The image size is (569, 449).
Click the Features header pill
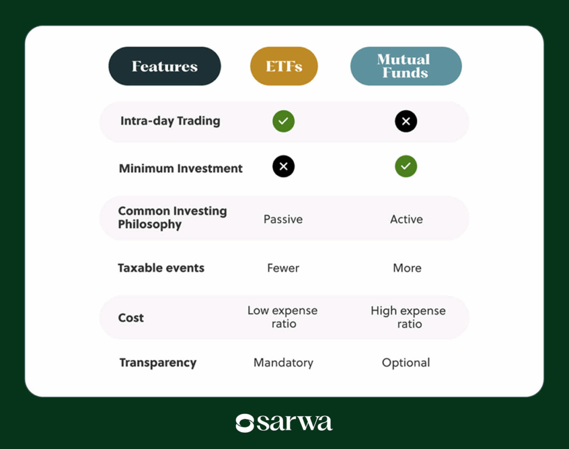pos(164,66)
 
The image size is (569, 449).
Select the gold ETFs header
pos(283,66)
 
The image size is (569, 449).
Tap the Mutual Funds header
pos(406,66)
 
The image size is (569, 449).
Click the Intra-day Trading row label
pos(170,121)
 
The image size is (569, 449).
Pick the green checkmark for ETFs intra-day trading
pos(283,121)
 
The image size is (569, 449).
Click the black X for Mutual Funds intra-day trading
pos(406,121)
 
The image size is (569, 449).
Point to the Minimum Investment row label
pos(181,168)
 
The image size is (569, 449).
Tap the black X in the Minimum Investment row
pos(283,166)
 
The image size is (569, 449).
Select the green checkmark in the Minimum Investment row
pos(406,166)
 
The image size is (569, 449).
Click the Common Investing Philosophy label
pos(172,218)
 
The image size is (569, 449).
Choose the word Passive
pos(283,219)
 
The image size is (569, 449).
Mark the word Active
pos(406,219)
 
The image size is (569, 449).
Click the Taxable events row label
pos(161,268)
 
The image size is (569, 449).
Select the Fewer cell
pos(283,268)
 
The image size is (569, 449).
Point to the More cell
pos(407,268)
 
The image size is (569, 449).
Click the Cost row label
pos(131,318)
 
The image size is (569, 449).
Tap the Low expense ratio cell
pos(283,317)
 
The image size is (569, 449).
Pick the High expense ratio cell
pos(408,317)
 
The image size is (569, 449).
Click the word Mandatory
pos(283,363)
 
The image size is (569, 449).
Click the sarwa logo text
pos(294,423)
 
